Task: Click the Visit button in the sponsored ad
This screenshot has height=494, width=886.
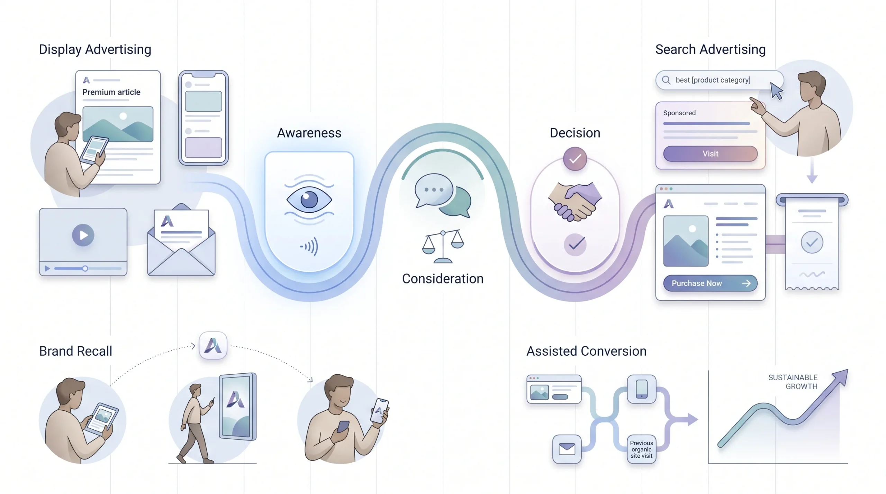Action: pyautogui.click(x=710, y=153)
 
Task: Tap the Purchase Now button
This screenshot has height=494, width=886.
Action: pyautogui.click(x=710, y=283)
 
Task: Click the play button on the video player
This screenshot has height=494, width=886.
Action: pyautogui.click(x=83, y=235)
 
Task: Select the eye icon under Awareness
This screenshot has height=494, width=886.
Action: pyautogui.click(x=309, y=199)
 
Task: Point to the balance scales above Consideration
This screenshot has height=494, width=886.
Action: pyautogui.click(x=443, y=246)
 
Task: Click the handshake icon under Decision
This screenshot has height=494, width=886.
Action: pyautogui.click(x=575, y=202)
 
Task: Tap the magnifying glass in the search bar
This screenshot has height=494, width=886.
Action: pyautogui.click(x=666, y=80)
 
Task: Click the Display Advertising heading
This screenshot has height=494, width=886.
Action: pyautogui.click(x=95, y=49)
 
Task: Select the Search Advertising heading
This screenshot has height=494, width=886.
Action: pyautogui.click(x=711, y=49)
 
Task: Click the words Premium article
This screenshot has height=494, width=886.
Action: pyautogui.click(x=111, y=92)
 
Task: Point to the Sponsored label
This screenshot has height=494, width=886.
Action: pyautogui.click(x=679, y=113)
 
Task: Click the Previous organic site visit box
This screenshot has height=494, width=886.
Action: pyautogui.click(x=641, y=449)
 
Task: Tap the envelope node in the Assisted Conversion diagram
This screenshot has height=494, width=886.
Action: pyautogui.click(x=567, y=449)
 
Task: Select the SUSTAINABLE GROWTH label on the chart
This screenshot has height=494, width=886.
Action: pyautogui.click(x=793, y=382)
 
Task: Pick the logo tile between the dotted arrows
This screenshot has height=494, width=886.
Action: pyautogui.click(x=213, y=345)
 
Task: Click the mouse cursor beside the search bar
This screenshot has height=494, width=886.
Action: pyautogui.click(x=776, y=91)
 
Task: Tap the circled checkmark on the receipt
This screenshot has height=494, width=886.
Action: pyautogui.click(x=812, y=242)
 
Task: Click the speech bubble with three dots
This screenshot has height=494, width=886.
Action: pyautogui.click(x=434, y=190)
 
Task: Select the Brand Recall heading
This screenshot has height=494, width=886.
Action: pyautogui.click(x=75, y=351)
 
